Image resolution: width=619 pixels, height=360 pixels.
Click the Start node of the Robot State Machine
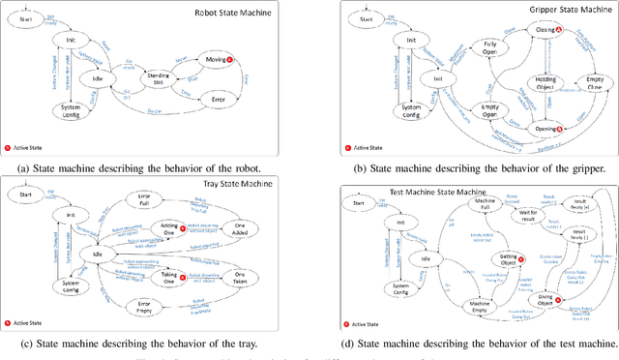26,16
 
